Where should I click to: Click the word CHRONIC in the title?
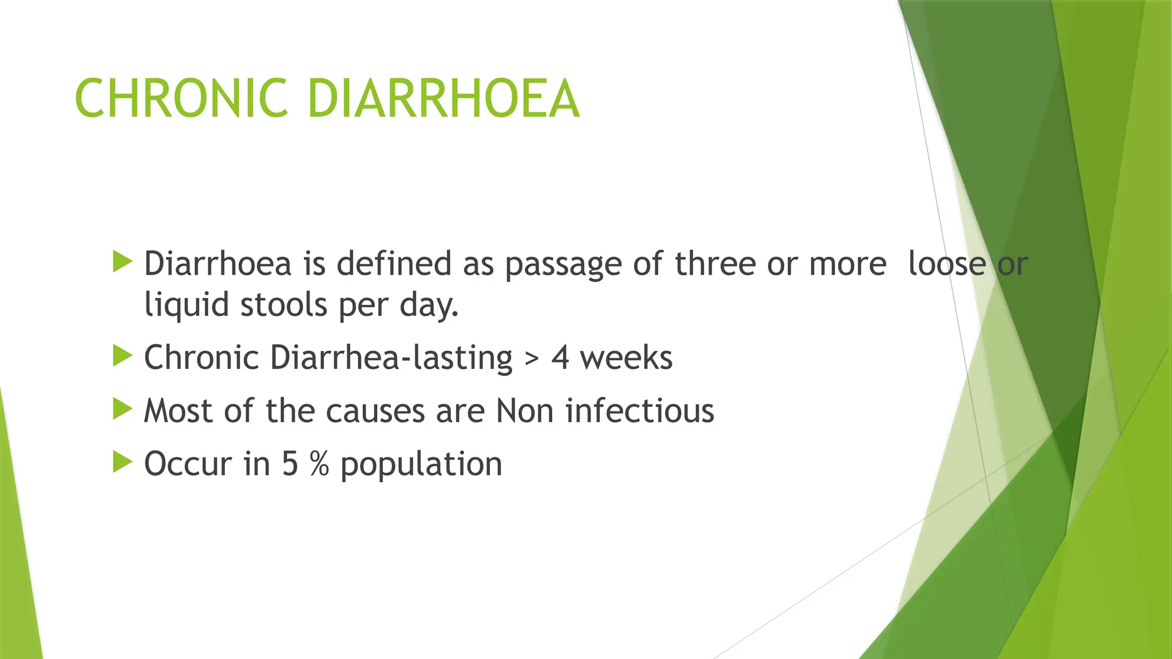181,99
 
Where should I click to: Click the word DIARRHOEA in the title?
444,99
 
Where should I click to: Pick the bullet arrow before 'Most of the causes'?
122,409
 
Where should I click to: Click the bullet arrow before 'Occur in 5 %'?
122,462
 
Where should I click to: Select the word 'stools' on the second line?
283,304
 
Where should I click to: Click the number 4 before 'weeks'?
560,358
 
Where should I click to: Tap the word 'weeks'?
626,358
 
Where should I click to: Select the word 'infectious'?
640,411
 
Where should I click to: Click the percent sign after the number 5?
319,463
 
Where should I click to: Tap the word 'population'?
421,465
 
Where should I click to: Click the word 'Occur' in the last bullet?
188,463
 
